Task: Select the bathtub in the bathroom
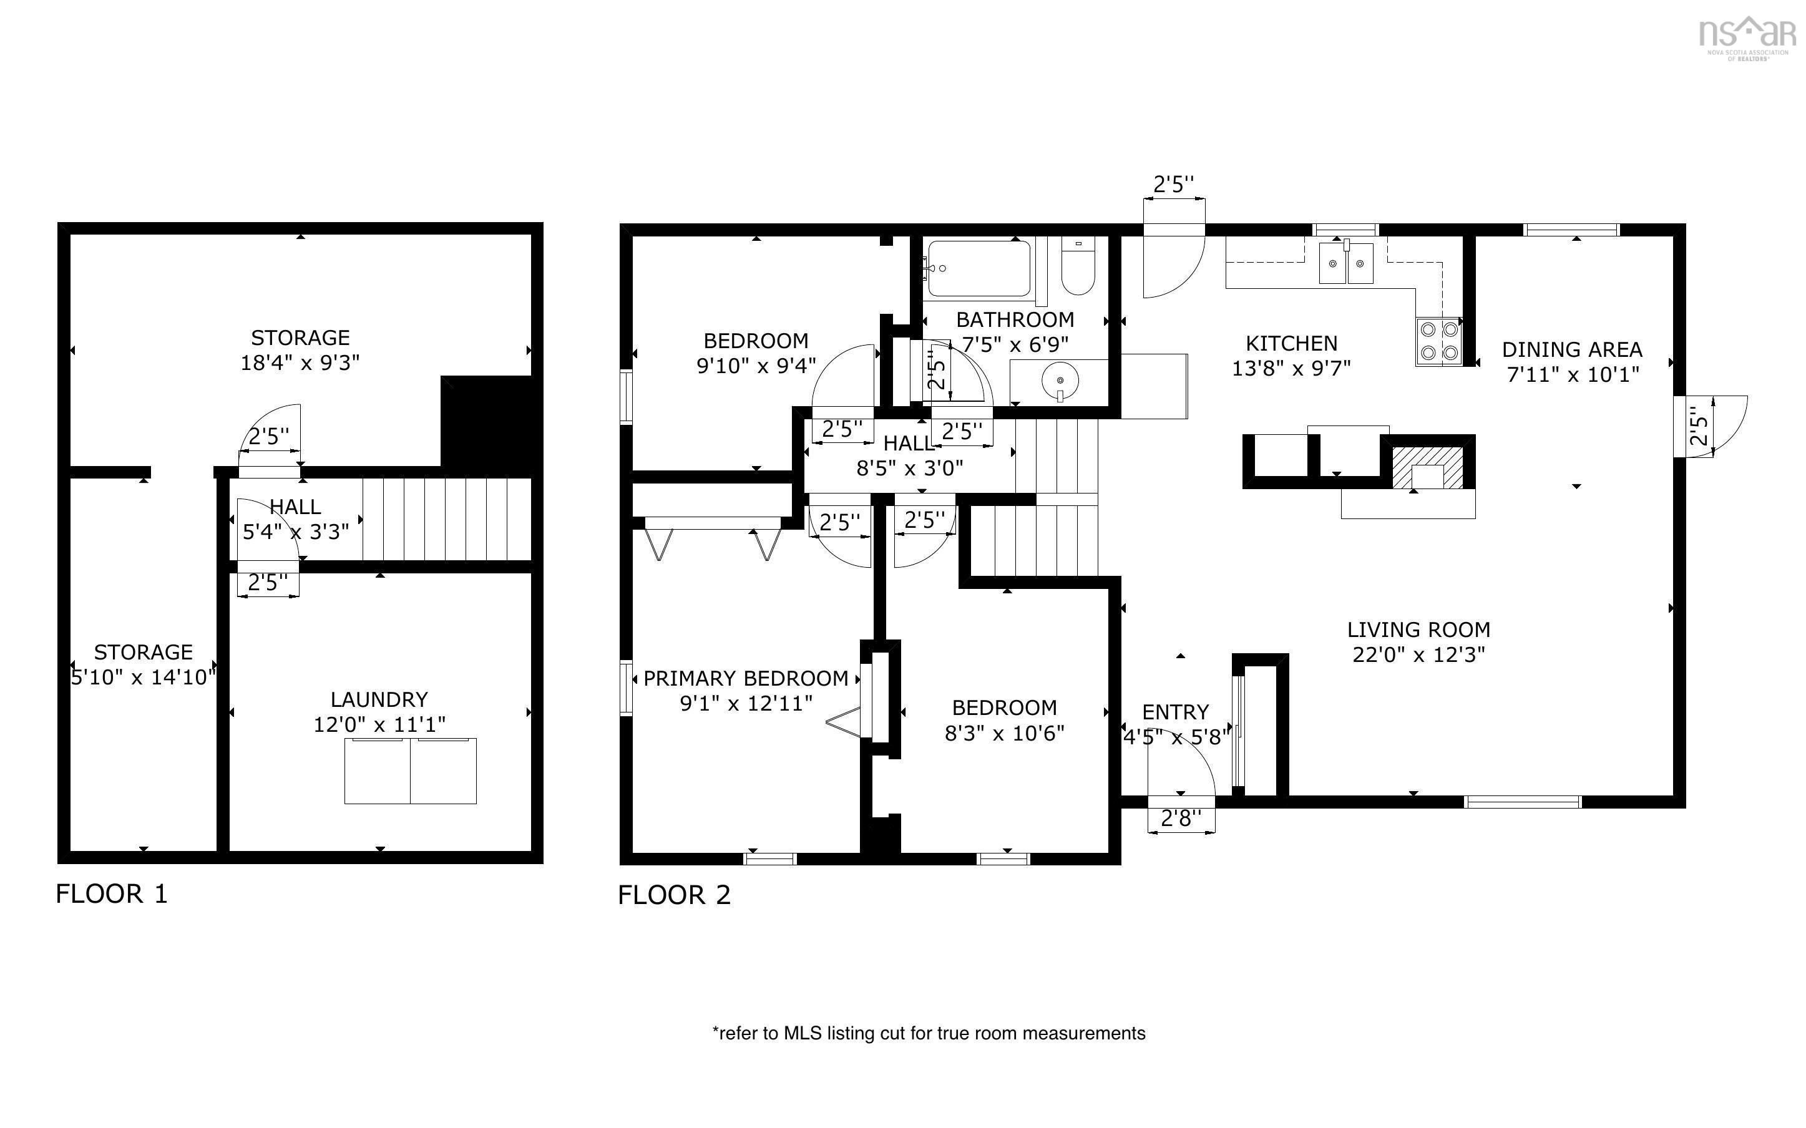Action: click(x=978, y=268)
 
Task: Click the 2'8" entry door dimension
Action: click(x=1181, y=819)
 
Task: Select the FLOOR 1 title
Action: click(x=112, y=894)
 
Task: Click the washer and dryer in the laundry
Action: click(x=410, y=771)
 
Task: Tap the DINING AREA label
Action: click(x=1572, y=349)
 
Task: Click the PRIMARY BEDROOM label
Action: click(x=745, y=678)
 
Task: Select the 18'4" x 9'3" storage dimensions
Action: click(x=300, y=362)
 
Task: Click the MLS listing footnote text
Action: click(x=929, y=1033)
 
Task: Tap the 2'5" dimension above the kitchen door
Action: click(x=1173, y=184)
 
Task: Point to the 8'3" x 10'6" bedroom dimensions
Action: click(x=1004, y=732)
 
